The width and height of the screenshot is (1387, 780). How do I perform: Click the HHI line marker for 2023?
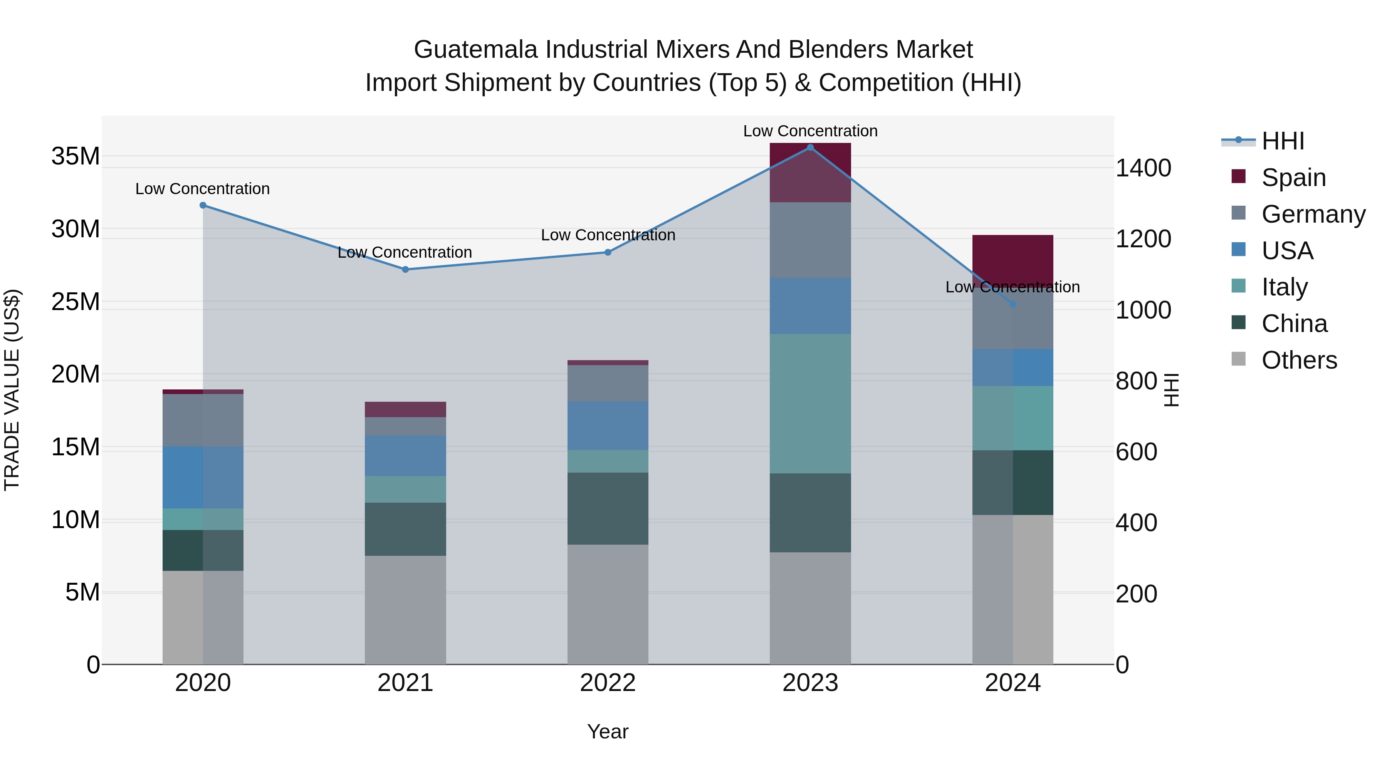(x=810, y=147)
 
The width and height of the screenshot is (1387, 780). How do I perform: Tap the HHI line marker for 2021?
(x=405, y=269)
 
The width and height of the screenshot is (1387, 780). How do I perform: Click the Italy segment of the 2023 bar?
(x=810, y=403)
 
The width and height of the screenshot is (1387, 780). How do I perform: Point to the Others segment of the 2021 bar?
(x=405, y=609)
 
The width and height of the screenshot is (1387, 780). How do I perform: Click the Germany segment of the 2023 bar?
(x=810, y=240)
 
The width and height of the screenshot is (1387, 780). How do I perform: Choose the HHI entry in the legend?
(x=1282, y=141)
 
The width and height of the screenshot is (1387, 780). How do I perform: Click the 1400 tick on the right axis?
(x=1143, y=168)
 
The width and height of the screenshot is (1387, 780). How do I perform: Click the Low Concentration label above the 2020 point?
(x=202, y=189)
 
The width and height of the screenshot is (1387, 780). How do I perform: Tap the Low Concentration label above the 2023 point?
(x=810, y=131)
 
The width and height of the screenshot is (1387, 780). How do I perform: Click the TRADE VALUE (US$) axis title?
(x=12, y=390)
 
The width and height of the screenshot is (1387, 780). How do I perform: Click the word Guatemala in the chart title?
(x=475, y=50)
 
